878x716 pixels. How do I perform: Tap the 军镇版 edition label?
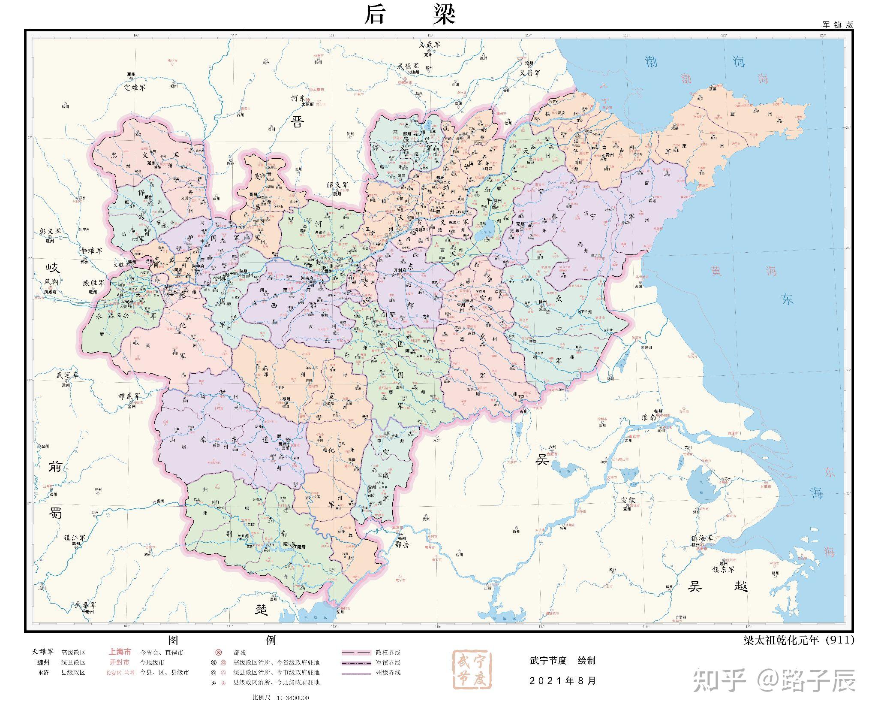click(x=837, y=25)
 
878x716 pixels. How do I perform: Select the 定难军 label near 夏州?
click(x=135, y=87)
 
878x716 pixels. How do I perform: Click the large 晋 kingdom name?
click(x=298, y=122)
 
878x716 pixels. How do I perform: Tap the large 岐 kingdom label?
click(x=54, y=268)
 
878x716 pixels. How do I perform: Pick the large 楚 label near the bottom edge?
click(x=262, y=609)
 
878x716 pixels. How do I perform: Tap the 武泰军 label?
click(x=85, y=604)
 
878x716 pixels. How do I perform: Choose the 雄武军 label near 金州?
click(x=129, y=396)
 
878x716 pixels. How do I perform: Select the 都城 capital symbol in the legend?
click(x=218, y=652)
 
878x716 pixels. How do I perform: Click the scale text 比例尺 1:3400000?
click(x=281, y=698)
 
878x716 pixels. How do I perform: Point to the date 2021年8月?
click(x=562, y=681)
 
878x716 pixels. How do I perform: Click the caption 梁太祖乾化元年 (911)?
click(x=798, y=640)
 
